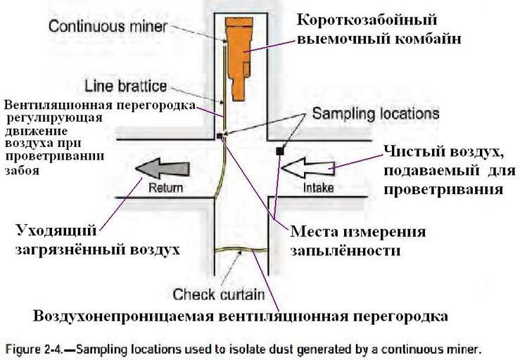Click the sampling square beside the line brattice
(220, 136)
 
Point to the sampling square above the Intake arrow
(279, 150)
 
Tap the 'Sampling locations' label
(375, 112)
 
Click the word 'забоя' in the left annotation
(21, 169)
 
